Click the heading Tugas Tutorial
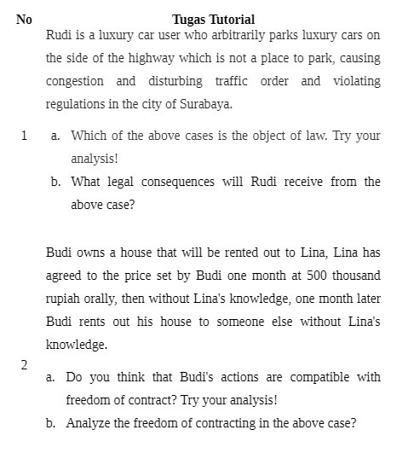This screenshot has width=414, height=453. tap(213, 19)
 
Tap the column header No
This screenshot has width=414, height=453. tap(24, 19)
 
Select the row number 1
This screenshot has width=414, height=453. tap(25, 136)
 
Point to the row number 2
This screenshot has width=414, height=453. tap(24, 364)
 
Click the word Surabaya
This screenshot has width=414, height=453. tap(204, 105)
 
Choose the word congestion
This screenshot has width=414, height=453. tap(75, 81)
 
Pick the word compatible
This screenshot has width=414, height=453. tap(324, 376)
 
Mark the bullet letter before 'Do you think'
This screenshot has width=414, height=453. tap(51, 376)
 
